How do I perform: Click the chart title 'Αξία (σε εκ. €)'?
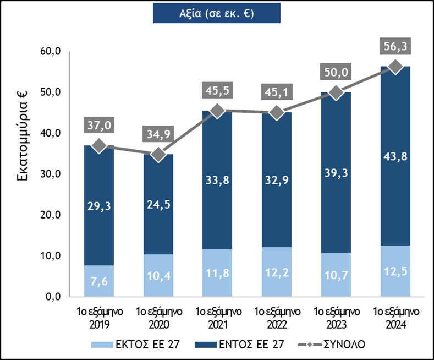tap(216, 13)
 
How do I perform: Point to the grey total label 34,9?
tap(158, 134)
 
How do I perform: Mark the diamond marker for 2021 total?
tap(217, 111)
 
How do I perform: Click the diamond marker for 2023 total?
tap(335, 93)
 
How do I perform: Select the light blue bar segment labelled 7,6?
tap(98, 281)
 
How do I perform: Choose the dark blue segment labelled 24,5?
tap(158, 204)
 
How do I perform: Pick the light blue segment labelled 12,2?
tap(276, 272)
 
